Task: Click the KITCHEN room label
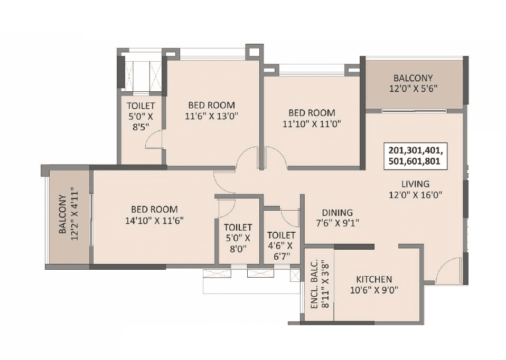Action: (x=373, y=279)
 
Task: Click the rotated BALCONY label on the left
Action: (x=62, y=214)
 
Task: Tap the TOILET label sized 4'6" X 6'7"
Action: (x=281, y=235)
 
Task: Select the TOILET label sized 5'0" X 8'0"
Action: (x=238, y=228)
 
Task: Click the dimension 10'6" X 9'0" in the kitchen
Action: (x=373, y=290)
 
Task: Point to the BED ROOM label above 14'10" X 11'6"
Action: (x=154, y=210)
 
